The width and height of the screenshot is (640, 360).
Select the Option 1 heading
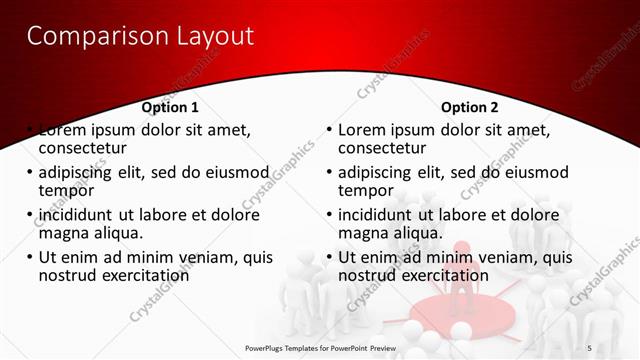click(x=170, y=107)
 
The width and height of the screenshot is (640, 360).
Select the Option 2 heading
click(x=469, y=107)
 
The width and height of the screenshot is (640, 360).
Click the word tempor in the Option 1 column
click(x=67, y=190)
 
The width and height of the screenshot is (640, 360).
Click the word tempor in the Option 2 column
click(x=367, y=190)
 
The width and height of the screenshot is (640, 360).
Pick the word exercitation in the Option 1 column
click(x=142, y=275)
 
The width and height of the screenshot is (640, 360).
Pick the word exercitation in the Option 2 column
click(x=442, y=275)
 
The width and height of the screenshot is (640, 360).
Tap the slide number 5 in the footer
click(x=589, y=347)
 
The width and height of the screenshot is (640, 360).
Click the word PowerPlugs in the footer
click(x=267, y=347)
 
